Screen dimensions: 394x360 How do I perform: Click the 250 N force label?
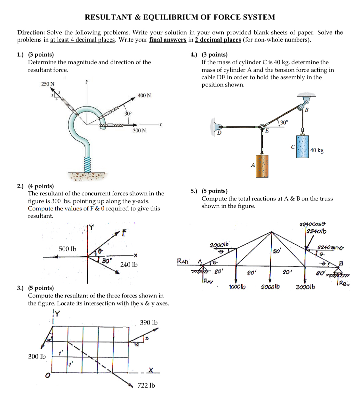click(x=48, y=84)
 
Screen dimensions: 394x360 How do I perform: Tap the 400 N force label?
click(x=144, y=95)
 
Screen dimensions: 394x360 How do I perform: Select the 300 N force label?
click(x=139, y=130)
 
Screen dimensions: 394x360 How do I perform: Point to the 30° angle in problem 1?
click(x=128, y=114)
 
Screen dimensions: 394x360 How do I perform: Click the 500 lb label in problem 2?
click(x=68, y=249)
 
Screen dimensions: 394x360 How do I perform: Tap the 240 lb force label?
click(x=129, y=264)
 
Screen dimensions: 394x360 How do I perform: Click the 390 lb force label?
click(x=148, y=322)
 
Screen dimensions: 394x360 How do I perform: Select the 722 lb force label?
click(x=146, y=385)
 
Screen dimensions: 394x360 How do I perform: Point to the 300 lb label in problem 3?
click(x=37, y=356)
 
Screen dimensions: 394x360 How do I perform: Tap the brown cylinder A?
click(x=262, y=166)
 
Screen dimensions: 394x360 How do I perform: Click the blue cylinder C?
click(x=302, y=146)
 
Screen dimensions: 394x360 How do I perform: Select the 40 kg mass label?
click(x=317, y=150)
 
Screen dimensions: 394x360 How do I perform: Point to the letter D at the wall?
click(x=219, y=133)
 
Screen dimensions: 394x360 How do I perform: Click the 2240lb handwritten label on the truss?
click(x=316, y=231)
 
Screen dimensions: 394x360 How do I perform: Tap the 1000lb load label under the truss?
click(x=237, y=287)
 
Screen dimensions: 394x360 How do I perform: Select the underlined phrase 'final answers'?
click(x=167, y=40)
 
